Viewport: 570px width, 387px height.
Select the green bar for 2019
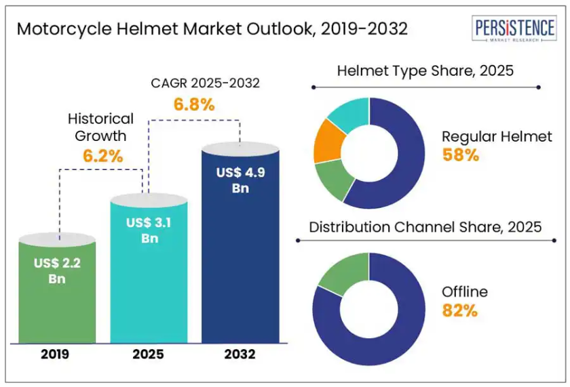(58, 298)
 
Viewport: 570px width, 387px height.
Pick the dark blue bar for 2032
(241, 258)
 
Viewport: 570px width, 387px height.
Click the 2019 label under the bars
(55, 354)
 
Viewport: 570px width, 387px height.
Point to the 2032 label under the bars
(241, 354)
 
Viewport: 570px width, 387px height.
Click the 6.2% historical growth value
(103, 155)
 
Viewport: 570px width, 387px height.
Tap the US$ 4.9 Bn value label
(240, 180)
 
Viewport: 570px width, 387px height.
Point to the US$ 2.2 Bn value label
(58, 270)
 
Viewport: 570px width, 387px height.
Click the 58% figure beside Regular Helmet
(461, 155)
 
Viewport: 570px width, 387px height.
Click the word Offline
(465, 292)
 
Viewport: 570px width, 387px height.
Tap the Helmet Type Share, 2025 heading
(425, 70)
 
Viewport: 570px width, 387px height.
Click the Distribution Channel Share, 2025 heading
(425, 227)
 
